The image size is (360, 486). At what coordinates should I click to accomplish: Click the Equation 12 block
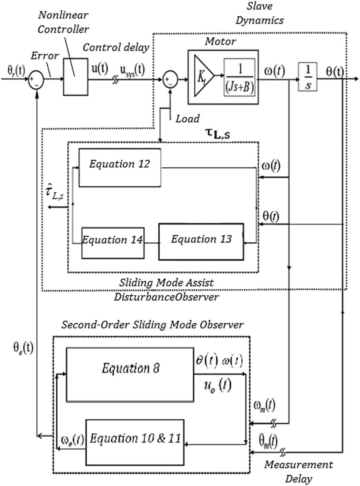click(x=120, y=167)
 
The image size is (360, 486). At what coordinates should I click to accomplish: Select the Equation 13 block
click(x=201, y=242)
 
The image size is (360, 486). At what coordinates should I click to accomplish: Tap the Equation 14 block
click(x=112, y=243)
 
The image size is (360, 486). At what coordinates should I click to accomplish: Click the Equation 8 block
click(x=130, y=374)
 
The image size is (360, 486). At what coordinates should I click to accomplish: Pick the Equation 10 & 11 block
click(x=135, y=442)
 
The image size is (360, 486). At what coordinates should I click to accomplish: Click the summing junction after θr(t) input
click(x=36, y=79)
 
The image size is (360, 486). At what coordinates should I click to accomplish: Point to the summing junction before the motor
click(x=170, y=79)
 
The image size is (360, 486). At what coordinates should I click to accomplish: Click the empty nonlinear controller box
click(x=75, y=77)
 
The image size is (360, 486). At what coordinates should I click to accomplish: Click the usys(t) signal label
click(x=132, y=69)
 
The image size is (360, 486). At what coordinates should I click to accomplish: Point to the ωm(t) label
click(x=264, y=405)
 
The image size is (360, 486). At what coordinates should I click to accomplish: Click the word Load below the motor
click(x=188, y=119)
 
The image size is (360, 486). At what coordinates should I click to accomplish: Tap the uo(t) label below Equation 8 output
click(x=217, y=386)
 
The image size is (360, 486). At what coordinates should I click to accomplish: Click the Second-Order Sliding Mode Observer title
click(x=152, y=325)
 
